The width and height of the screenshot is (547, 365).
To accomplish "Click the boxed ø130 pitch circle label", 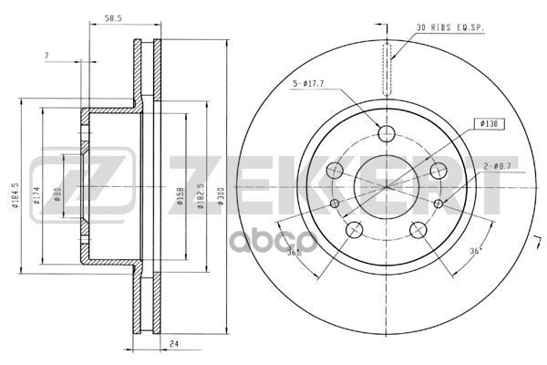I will tap(486, 122).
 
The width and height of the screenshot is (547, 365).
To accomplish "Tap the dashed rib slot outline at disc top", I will tap(387, 69).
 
